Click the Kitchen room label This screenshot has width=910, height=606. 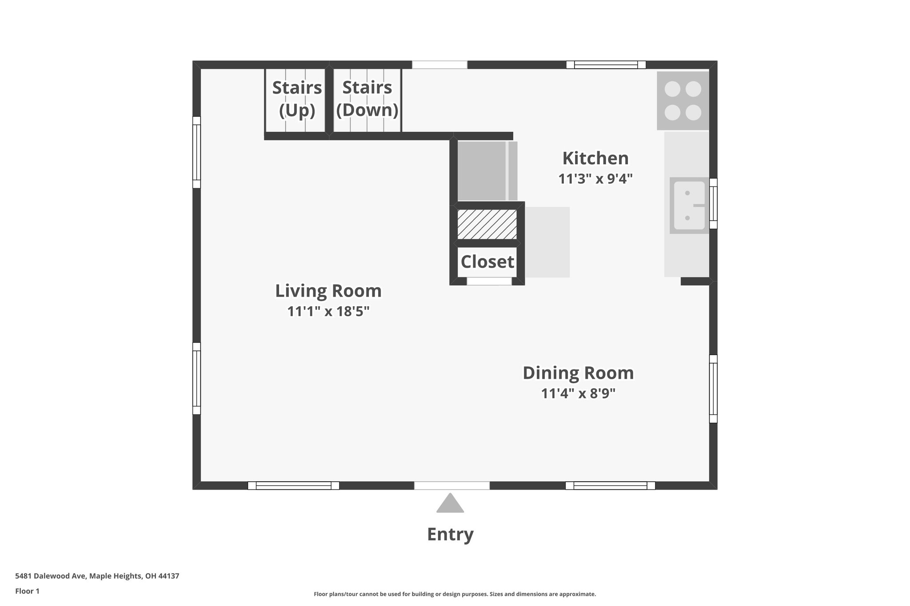(595, 158)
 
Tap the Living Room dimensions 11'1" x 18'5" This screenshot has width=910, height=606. (328, 312)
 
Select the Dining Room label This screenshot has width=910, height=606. (578, 373)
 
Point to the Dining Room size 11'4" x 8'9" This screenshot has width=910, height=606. (578, 394)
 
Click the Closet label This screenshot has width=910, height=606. (487, 262)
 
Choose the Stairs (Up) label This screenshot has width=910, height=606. (297, 99)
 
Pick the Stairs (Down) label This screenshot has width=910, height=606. (367, 99)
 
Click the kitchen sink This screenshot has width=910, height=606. (689, 206)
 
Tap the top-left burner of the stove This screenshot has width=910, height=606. (672, 89)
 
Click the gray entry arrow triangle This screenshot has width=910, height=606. (450, 504)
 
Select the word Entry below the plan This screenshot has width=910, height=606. (450, 534)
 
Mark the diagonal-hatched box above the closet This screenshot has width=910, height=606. (487, 224)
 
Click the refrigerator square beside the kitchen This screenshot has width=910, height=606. (482, 171)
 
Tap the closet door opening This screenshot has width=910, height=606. (489, 281)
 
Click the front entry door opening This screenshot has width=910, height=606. (452, 486)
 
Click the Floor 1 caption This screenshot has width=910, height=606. (27, 591)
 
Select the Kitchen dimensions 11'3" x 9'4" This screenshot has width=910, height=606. (595, 179)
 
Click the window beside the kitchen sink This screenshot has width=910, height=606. (713, 204)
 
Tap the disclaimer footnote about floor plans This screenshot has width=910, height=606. (455, 594)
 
